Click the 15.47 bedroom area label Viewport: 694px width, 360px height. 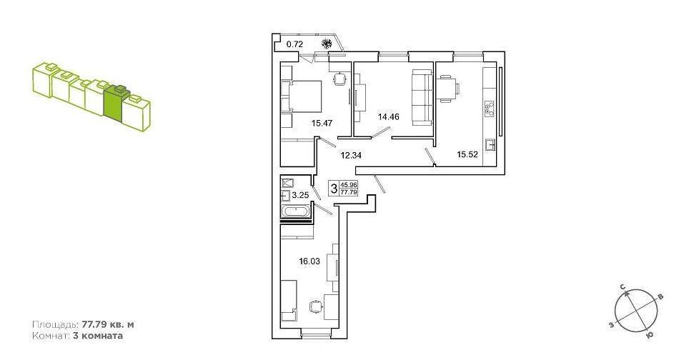pos(322,124)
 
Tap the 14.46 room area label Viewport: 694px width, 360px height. pos(388,117)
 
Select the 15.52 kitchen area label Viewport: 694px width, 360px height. pos(467,154)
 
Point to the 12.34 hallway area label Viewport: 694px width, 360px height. pos(350,155)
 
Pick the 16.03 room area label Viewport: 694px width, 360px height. pos(309,261)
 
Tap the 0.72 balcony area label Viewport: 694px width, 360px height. pos(294,44)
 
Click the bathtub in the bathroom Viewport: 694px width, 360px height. pos(297,212)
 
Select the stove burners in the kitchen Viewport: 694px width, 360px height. pos(490,109)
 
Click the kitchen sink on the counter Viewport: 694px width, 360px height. pos(490,145)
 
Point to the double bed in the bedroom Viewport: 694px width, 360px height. pos(301,97)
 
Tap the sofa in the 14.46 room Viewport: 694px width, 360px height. pos(422,97)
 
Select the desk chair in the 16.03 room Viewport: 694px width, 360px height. pos(314,306)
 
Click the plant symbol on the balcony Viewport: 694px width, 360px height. pos(327,44)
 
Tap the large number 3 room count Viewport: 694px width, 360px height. pos(334,189)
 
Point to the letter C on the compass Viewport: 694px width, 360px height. pos(623,287)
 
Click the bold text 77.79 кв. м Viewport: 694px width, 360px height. pos(108,324)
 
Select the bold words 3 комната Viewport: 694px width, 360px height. pos(97,336)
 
